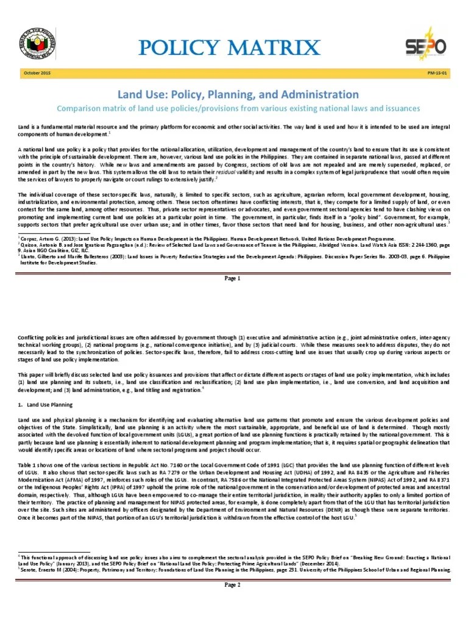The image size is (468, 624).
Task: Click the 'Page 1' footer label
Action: [234, 278]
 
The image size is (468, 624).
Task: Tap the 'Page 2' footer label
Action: [234, 585]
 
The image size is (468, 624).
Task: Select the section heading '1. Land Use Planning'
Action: [45, 404]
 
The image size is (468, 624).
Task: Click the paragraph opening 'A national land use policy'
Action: [234, 161]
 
